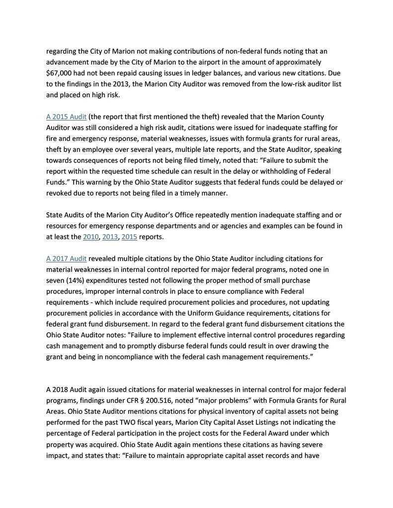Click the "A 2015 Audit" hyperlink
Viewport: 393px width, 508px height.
(66, 117)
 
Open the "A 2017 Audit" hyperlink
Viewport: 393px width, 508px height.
(66, 258)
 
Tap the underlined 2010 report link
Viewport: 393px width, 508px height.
(91, 237)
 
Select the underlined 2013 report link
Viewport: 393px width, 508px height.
(110, 237)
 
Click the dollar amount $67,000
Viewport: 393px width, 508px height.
(60, 73)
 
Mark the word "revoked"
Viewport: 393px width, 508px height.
(60, 193)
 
